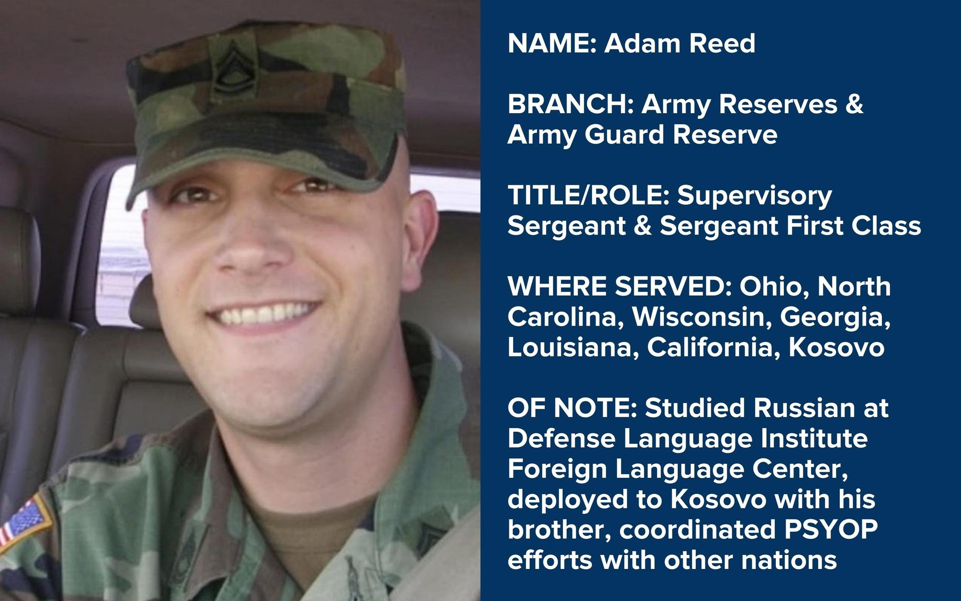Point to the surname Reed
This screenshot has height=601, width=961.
722,43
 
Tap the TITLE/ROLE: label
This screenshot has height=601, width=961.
589,196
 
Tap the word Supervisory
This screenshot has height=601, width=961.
755,196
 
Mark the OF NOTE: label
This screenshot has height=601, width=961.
572,408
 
